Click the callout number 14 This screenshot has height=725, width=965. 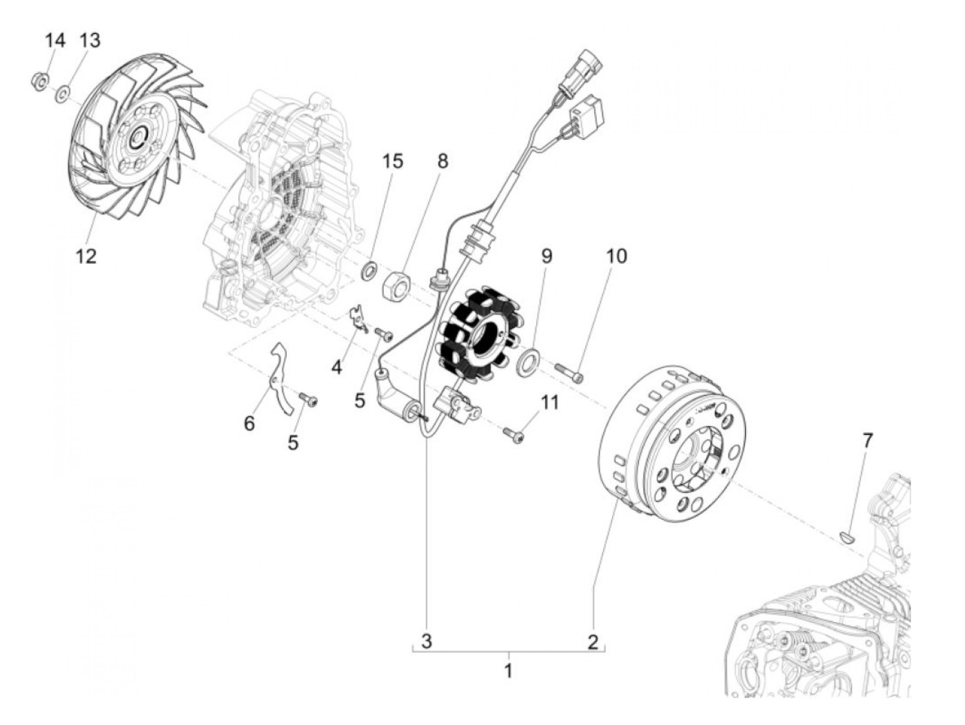[x=55, y=40]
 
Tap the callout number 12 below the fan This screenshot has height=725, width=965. [x=86, y=256]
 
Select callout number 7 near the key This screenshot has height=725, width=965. [x=867, y=439]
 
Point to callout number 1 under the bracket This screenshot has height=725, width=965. [x=508, y=669]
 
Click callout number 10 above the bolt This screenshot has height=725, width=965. [x=616, y=256]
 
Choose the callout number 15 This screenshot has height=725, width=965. [x=393, y=161]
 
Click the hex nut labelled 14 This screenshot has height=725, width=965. [x=39, y=83]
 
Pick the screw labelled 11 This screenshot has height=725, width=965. [x=514, y=434]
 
